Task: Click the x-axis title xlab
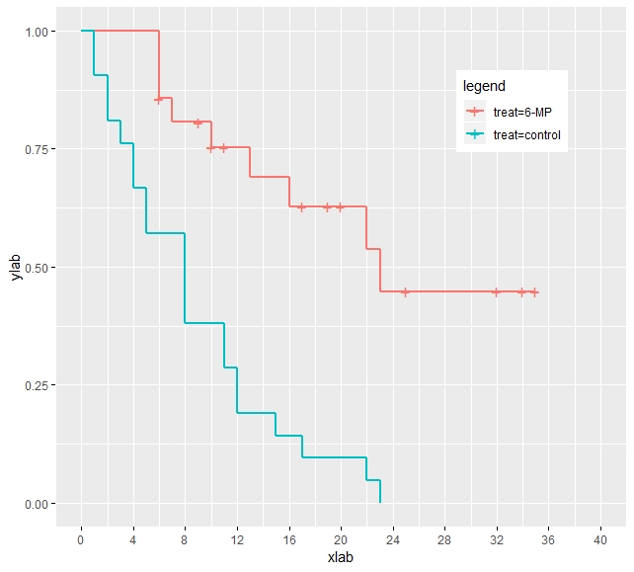(340, 558)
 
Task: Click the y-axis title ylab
(15, 268)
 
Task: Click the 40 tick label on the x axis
(600, 540)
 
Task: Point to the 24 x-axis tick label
(392, 540)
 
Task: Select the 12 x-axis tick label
(237, 540)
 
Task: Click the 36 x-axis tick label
(548, 540)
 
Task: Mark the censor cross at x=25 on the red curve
(405, 292)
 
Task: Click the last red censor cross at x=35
(534, 292)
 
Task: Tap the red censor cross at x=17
(301, 207)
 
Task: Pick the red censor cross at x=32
(496, 292)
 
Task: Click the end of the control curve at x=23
(379, 503)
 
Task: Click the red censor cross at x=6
(159, 100)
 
